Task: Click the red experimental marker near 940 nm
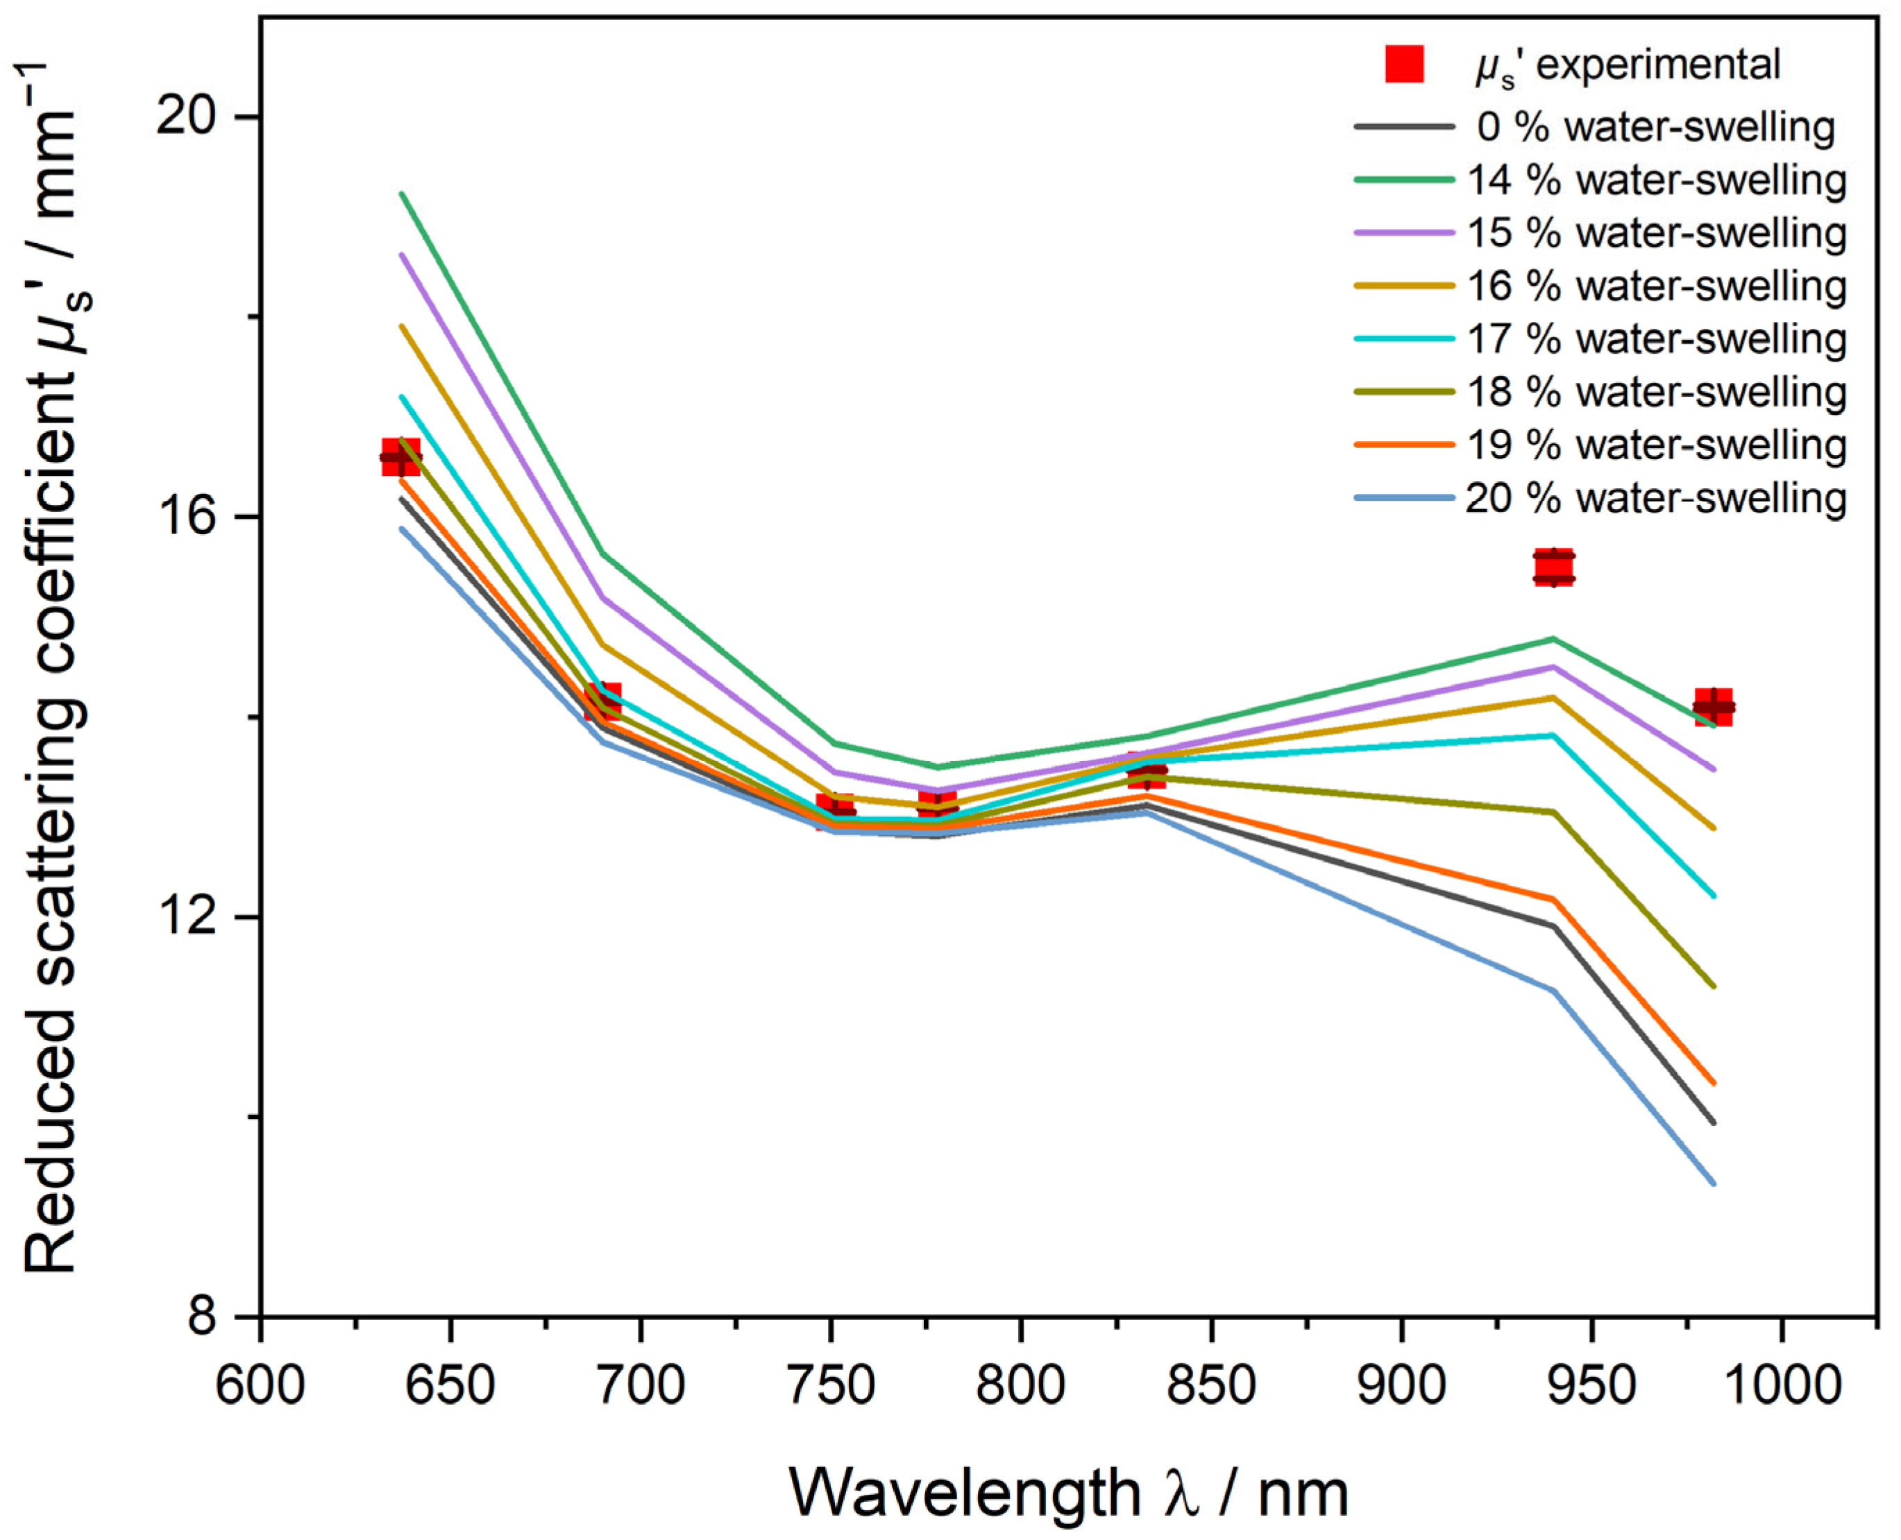point(1554,567)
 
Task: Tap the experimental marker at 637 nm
point(401,457)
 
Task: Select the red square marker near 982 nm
point(1713,707)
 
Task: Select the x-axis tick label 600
point(261,1385)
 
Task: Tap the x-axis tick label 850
point(1211,1385)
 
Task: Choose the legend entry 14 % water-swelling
point(1656,180)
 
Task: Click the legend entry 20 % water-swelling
point(1656,499)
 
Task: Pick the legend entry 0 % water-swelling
point(1656,128)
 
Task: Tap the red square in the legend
point(1404,65)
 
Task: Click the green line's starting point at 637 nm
point(402,194)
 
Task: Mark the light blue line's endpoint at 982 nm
point(1713,1183)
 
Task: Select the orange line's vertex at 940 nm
point(1554,898)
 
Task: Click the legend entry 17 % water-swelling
point(1656,339)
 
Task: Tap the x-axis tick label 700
point(641,1385)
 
